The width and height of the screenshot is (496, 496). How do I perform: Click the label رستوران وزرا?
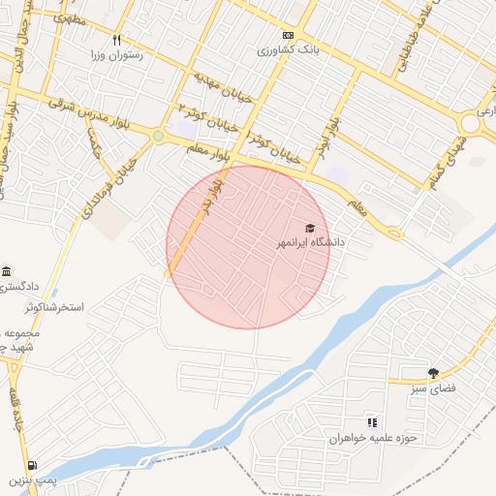tap(116, 55)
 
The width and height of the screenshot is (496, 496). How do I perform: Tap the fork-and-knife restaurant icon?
tap(117, 41)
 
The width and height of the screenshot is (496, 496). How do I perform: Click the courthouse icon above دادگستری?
tap(8, 271)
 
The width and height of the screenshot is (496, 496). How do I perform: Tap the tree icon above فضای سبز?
tap(433, 373)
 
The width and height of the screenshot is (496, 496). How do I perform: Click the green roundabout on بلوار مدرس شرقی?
tap(158, 137)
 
